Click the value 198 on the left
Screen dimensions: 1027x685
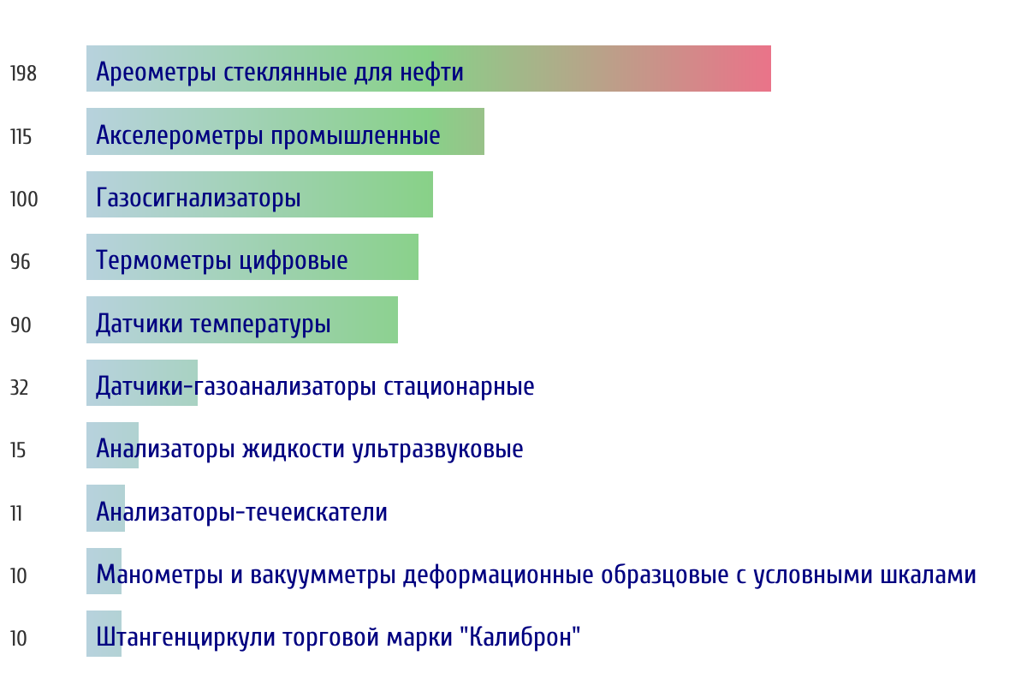point(23,74)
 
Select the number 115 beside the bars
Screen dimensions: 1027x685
point(21,137)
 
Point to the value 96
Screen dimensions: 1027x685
point(21,262)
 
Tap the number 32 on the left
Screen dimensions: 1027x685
point(19,388)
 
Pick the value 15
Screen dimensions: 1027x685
point(18,450)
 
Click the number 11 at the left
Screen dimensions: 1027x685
point(16,513)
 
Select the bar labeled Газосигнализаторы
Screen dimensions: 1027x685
point(259,194)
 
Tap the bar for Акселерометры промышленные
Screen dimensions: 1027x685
point(285,131)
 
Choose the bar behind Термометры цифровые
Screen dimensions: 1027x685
point(252,257)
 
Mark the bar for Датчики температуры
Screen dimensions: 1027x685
point(242,319)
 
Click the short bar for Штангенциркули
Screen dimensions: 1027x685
point(104,634)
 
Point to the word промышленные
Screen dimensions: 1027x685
point(355,136)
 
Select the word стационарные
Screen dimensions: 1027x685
point(459,387)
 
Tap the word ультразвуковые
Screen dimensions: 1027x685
point(438,450)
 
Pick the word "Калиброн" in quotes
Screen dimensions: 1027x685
point(520,637)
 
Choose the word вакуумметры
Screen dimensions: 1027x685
point(323,575)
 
